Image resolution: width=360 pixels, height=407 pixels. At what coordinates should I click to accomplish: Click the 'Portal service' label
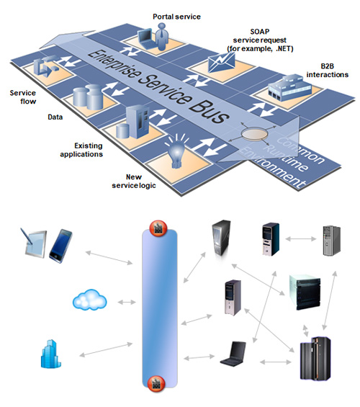(x=176, y=17)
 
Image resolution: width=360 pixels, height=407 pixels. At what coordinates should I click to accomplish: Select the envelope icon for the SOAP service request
(x=222, y=63)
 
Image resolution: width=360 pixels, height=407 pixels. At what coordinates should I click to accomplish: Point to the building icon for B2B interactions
(x=289, y=87)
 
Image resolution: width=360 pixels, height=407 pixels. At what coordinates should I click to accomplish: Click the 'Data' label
(x=55, y=117)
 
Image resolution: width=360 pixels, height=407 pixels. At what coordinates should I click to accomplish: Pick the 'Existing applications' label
(x=81, y=150)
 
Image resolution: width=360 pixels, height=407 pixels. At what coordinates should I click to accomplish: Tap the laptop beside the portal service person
(x=146, y=38)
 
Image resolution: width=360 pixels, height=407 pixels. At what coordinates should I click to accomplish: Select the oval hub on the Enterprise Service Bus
(x=254, y=134)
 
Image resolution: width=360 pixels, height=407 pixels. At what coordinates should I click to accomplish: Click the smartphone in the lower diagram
(x=60, y=246)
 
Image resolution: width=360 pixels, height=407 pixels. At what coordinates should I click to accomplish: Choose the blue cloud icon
(x=90, y=300)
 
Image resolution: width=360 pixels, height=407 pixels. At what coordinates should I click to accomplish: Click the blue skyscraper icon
(x=51, y=354)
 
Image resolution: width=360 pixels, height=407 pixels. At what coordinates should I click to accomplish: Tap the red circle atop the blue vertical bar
(x=158, y=228)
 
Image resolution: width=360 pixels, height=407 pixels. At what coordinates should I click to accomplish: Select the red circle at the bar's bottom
(x=156, y=383)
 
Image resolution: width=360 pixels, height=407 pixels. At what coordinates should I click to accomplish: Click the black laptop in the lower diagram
(x=233, y=354)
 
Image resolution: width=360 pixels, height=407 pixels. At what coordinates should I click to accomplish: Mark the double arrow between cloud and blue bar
(x=127, y=302)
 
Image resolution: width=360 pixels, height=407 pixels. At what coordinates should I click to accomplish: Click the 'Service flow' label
(x=23, y=97)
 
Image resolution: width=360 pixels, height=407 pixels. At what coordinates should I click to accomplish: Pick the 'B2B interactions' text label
(x=328, y=71)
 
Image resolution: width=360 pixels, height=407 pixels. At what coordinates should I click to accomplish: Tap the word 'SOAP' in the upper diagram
(x=260, y=32)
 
